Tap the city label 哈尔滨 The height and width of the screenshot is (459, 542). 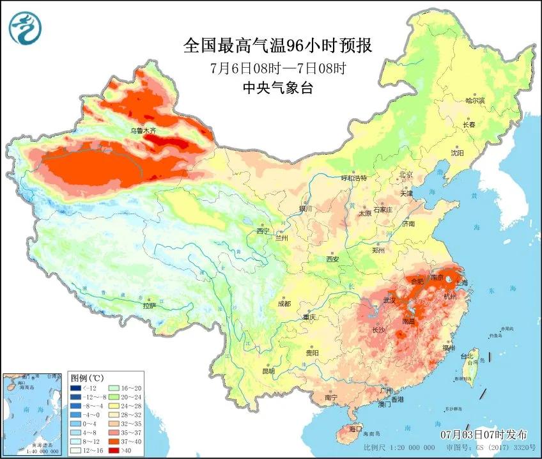[475, 100]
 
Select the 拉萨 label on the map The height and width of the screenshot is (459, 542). [149, 306]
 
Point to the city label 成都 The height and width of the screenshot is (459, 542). [284, 304]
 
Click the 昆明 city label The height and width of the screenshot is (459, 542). [268, 371]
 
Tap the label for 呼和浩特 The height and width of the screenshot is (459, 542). [354, 178]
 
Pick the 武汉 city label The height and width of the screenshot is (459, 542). [389, 300]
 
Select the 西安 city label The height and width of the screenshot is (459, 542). [332, 259]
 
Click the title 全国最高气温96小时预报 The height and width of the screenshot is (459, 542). [277, 46]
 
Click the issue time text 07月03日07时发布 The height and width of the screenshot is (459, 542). [487, 434]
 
